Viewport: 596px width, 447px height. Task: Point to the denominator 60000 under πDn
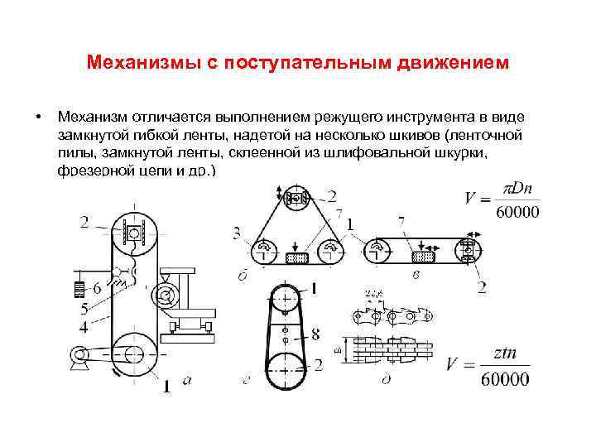(x=517, y=212)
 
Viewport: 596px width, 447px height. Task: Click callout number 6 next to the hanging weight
(x=97, y=289)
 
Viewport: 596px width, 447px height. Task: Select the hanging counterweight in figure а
(x=79, y=290)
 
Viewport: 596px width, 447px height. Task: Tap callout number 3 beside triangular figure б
(x=237, y=234)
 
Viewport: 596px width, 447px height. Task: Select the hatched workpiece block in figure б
(x=296, y=258)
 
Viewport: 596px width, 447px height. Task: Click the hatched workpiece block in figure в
(x=424, y=258)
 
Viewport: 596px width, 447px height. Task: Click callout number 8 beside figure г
(x=315, y=335)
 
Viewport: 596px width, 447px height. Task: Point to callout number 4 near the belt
(x=84, y=327)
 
